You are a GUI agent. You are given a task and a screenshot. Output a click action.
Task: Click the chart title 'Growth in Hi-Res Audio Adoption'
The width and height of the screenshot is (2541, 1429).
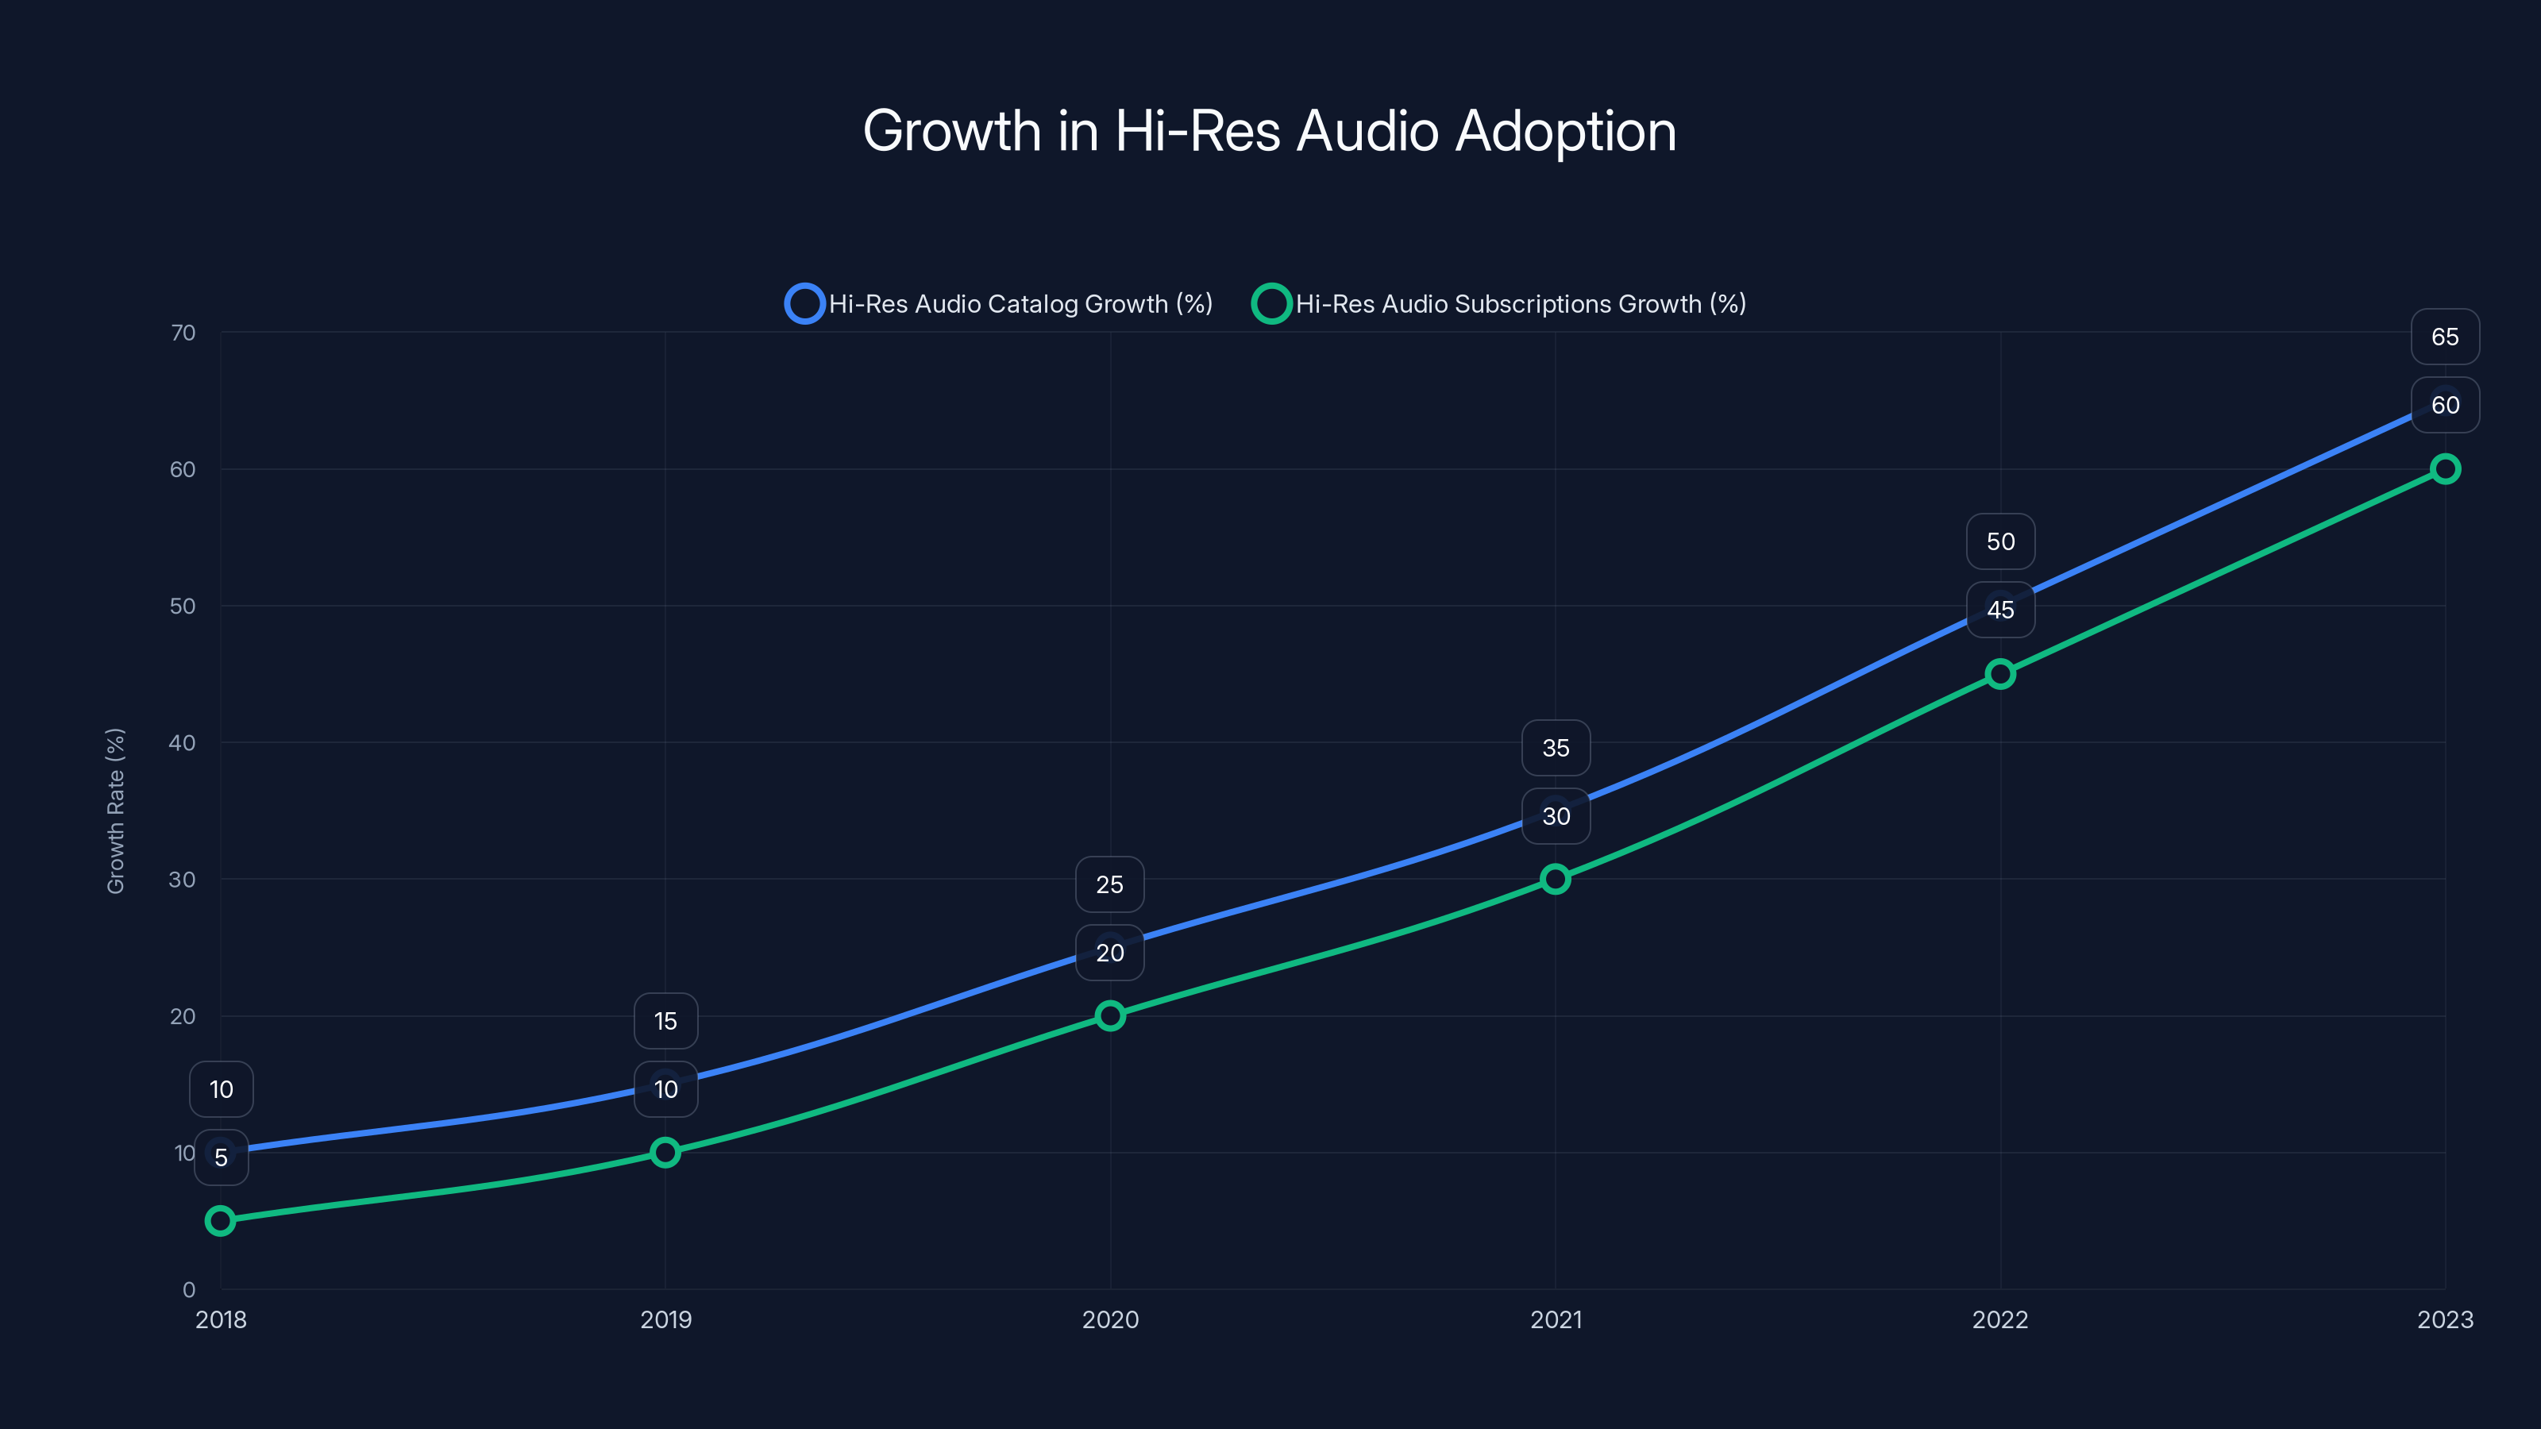[1270, 130]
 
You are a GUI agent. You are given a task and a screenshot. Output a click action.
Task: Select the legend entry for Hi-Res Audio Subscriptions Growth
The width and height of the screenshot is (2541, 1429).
[1499, 304]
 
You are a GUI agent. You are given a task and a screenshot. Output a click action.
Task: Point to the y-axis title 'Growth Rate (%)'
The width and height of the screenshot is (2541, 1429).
[115, 811]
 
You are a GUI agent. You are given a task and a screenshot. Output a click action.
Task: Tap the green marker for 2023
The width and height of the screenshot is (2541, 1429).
[2444, 468]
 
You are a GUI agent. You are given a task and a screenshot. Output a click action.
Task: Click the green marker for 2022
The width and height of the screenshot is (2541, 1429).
[1999, 673]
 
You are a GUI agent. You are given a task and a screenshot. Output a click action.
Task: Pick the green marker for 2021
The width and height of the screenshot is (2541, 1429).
[1555, 879]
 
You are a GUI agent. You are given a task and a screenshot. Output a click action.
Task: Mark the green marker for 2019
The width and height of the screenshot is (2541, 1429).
[665, 1152]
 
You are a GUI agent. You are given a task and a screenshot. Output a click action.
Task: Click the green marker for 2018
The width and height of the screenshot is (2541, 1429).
[220, 1220]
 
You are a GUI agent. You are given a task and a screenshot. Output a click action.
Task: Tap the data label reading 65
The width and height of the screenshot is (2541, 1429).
[2444, 337]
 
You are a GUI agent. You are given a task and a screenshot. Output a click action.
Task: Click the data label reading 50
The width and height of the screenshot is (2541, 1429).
[1999, 541]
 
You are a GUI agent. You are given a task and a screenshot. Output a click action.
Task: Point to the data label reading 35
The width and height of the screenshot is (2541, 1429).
[1555, 748]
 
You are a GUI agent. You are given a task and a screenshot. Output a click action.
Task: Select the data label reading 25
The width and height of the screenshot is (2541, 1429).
[1110, 884]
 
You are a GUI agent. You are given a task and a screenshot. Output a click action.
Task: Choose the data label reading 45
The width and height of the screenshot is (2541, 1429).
[1999, 610]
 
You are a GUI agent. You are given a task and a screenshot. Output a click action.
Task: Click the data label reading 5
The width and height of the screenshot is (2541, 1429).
[221, 1157]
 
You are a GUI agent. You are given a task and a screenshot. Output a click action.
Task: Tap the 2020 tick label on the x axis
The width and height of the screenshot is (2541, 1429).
[1110, 1319]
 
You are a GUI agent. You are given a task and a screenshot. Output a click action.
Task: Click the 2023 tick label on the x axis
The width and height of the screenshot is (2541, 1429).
[2444, 1319]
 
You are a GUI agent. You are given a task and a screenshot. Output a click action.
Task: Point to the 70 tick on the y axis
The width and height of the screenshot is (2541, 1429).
[183, 333]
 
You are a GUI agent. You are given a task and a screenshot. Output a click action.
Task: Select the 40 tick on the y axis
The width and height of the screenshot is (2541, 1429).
[183, 742]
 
